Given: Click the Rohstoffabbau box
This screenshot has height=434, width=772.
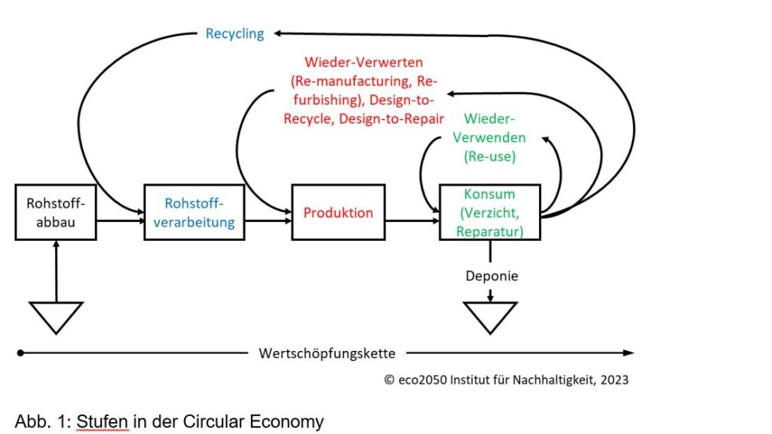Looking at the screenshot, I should [x=56, y=212].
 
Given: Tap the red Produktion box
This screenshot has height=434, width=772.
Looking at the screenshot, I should [x=338, y=212].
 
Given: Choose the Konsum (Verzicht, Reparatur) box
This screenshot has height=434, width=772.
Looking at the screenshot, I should [x=489, y=212].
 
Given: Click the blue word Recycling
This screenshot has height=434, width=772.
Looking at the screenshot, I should [x=234, y=33].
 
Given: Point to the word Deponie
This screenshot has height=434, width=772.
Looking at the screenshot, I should [x=490, y=276].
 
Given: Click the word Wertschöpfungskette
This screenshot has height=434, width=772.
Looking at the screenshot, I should [x=326, y=352].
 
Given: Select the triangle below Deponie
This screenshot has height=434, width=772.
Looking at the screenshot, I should [x=490, y=315].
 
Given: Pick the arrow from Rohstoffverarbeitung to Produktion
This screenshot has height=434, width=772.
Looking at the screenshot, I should [x=263, y=221].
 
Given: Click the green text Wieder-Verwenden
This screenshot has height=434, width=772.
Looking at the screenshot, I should [x=495, y=128].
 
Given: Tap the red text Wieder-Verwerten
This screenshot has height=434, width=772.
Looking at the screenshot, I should [x=363, y=62].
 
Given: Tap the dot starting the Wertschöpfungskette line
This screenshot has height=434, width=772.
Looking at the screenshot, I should [x=20, y=352].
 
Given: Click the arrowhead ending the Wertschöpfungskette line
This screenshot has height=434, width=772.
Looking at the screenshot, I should [x=629, y=352].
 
